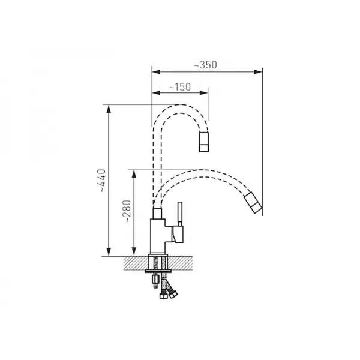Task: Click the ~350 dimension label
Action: [x=205, y=65]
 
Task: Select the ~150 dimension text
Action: [x=180, y=87]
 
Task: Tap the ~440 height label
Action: [x=101, y=181]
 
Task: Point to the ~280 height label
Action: [x=127, y=211]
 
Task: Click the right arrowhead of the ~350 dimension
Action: [x=258, y=72]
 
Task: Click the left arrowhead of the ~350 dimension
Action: [x=156, y=72]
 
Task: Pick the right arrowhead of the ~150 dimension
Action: [x=204, y=93]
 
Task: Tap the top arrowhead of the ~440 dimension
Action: [x=109, y=109]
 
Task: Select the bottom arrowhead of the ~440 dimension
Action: [x=109, y=251]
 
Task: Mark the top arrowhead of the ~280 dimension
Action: [x=134, y=174]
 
